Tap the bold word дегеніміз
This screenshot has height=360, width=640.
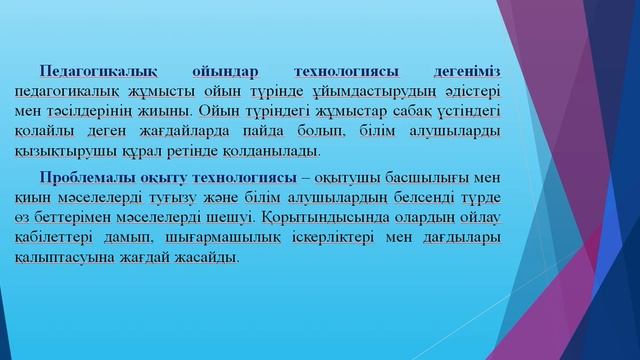click(462, 71)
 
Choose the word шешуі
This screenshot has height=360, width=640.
click(230, 217)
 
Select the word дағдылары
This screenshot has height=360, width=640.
click(463, 237)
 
